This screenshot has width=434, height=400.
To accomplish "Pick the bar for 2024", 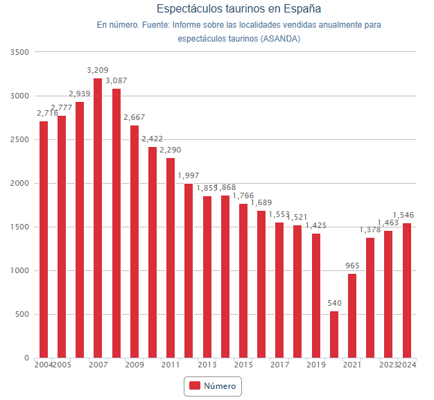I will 407,290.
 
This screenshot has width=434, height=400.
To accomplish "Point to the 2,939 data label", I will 80,94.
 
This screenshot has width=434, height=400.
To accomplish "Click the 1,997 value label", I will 189,175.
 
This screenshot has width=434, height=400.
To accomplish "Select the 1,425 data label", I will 316,225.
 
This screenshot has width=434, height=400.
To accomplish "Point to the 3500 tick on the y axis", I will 19,52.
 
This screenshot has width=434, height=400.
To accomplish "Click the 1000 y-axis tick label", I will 19,271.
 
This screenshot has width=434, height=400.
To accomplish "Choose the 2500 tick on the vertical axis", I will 19,139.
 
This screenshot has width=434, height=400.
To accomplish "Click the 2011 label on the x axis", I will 171,365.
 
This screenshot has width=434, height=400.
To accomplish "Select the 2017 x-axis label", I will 279,365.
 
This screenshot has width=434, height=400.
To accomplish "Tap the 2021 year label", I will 352,365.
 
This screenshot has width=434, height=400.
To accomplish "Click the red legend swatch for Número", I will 194,385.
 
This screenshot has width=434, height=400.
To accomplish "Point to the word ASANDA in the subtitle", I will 281,38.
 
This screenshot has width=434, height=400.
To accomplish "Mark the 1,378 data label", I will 370,229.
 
